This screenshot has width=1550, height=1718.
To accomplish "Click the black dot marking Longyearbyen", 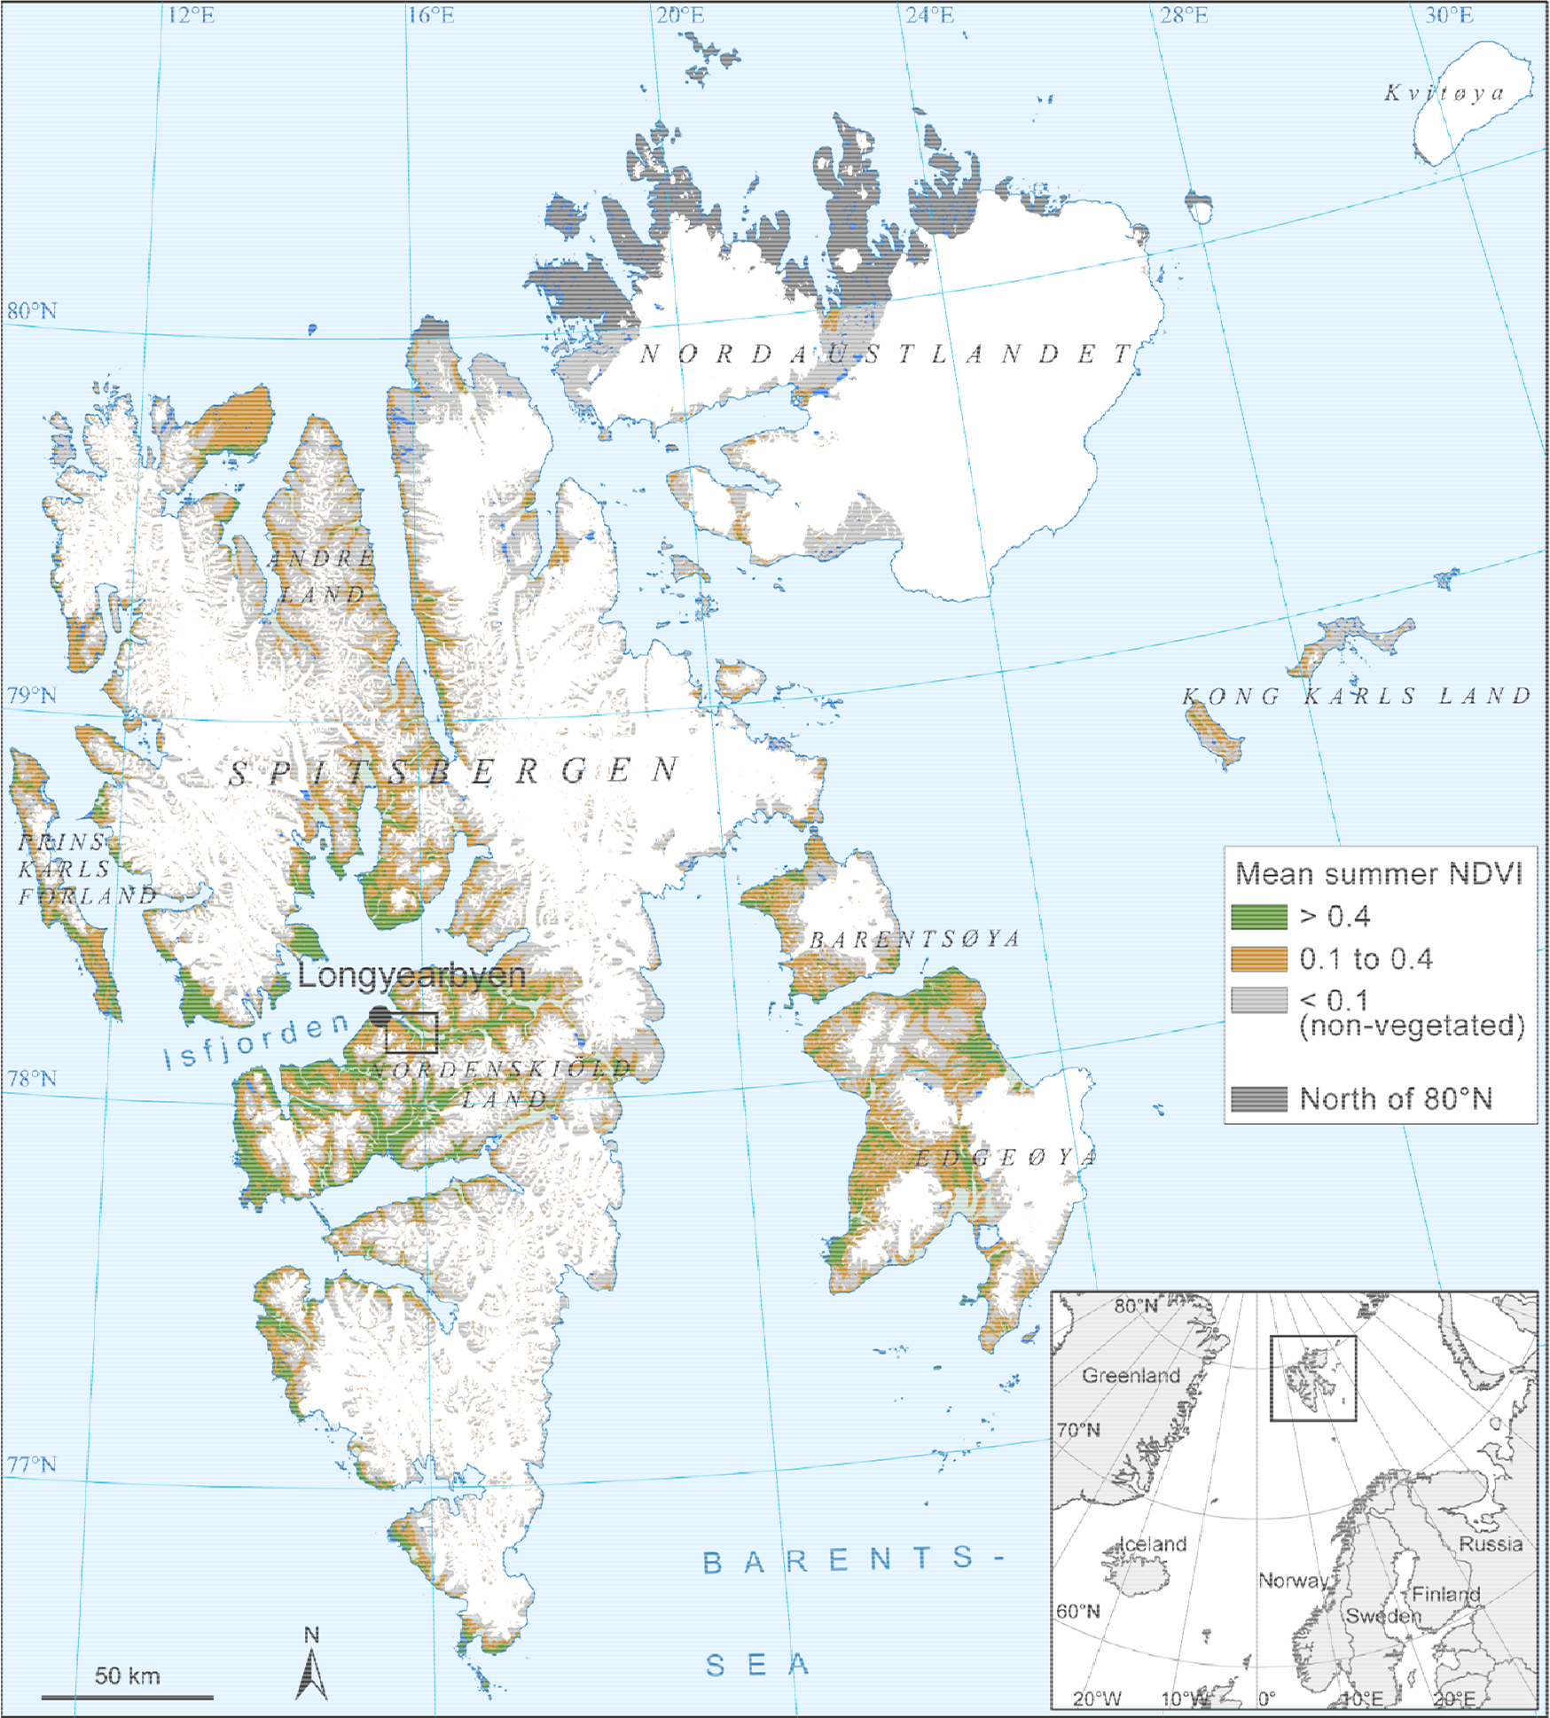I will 380,1016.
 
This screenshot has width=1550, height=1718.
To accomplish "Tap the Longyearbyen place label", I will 411,975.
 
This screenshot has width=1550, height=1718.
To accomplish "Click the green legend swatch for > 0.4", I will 1258,917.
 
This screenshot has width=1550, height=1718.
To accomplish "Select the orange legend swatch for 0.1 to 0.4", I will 1258,959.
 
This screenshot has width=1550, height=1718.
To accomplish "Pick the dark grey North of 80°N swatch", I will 1258,1099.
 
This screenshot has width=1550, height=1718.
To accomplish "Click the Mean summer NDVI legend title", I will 1379,874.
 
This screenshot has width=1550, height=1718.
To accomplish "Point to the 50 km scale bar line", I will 127,1698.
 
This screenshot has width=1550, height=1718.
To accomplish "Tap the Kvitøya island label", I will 1444,93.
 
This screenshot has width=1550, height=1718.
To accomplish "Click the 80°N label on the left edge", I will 32,311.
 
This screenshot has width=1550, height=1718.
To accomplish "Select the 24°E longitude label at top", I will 929,15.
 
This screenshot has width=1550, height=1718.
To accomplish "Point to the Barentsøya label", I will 914,939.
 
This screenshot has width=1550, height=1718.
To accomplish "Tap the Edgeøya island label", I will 1006,1157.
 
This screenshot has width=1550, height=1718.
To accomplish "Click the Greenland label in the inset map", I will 1131,1375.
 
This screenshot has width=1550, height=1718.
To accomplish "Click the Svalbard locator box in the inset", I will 1312,1378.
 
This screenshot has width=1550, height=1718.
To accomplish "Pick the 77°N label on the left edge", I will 32,1464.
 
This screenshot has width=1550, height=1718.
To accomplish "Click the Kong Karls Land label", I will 1357,696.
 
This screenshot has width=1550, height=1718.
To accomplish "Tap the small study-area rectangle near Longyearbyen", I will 411,1033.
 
